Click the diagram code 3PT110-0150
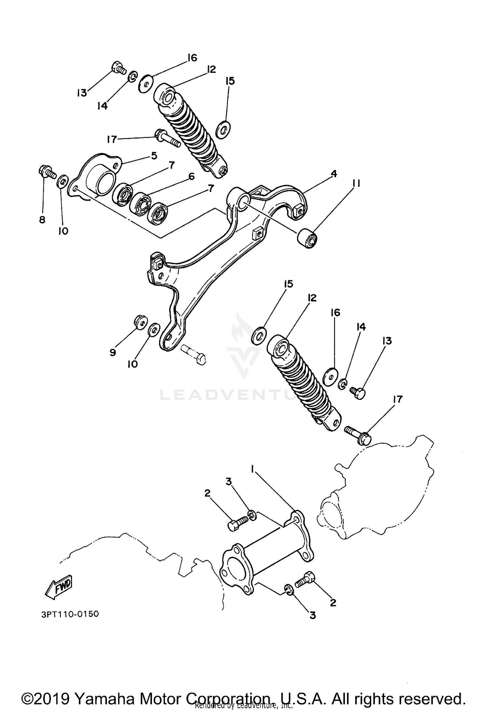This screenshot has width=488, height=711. point(70,614)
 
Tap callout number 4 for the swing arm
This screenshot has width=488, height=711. point(334,174)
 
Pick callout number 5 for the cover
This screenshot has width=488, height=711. point(154,155)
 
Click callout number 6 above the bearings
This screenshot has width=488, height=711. point(191,177)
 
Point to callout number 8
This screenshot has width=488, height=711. point(42,220)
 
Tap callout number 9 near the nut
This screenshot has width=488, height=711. point(113,352)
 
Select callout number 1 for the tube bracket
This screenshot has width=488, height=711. point(252,468)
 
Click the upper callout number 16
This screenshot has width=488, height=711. point(192,58)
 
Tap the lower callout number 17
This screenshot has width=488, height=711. point(398,399)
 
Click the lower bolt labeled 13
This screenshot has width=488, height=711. point(358,392)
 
